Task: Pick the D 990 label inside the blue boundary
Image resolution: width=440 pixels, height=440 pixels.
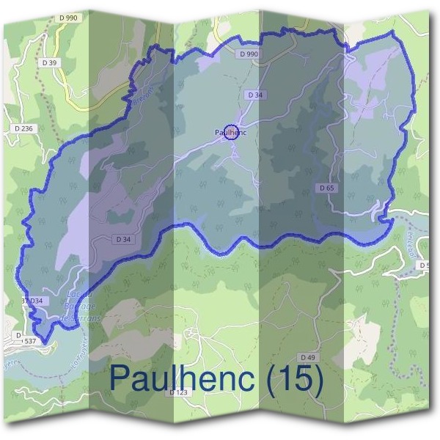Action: click(x=249, y=54)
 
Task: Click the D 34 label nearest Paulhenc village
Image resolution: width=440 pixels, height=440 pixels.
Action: click(x=255, y=95)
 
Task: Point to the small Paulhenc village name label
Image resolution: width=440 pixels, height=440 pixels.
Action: click(x=230, y=132)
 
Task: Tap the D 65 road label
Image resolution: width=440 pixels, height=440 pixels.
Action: click(x=327, y=188)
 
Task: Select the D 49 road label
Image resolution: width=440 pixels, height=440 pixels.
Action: click(x=308, y=356)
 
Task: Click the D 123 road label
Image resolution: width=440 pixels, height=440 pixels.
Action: click(x=179, y=392)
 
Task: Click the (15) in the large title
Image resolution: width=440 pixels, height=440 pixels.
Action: click(x=291, y=378)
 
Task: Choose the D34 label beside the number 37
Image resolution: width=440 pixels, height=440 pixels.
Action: click(x=37, y=301)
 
